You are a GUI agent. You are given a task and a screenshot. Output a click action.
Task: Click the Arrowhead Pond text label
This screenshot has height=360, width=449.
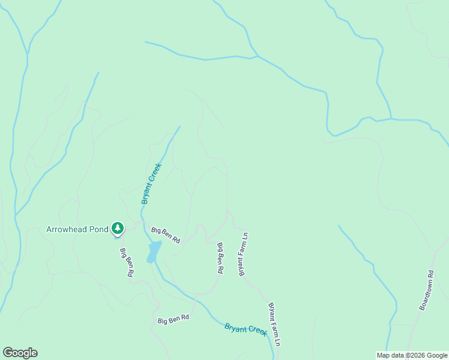tap(77, 229)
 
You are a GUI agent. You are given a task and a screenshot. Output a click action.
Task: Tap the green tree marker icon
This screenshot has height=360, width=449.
tap(118, 228)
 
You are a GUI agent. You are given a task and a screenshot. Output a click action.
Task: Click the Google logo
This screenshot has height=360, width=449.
tap(20, 353)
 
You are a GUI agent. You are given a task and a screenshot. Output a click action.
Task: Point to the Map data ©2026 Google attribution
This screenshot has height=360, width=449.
tap(412, 355)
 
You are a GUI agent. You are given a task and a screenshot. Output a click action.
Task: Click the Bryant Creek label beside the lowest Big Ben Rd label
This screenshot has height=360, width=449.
tap(246, 330)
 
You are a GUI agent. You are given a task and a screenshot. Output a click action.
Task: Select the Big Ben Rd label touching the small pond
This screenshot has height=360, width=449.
tap(166, 235)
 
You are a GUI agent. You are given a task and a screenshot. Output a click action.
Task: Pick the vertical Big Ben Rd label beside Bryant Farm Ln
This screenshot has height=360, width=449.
tap(220, 258)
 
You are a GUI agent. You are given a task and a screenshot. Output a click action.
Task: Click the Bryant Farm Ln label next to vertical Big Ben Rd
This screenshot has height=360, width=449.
tap(244, 254)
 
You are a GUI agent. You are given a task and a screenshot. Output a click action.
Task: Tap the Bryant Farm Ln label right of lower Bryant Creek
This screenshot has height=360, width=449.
tap(274, 324)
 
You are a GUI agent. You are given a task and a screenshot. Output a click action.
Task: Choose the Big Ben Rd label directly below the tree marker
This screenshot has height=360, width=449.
tap(126, 262)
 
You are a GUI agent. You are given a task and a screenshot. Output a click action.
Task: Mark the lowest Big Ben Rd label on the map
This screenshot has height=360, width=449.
tap(173, 319)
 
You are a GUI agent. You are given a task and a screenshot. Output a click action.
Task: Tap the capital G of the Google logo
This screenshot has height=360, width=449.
tap(8, 353)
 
